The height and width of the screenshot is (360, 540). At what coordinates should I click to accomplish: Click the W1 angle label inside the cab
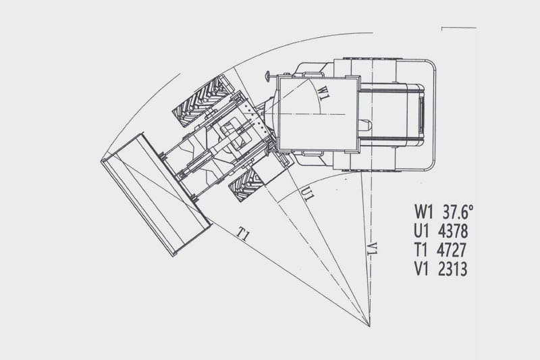click(x=322, y=93)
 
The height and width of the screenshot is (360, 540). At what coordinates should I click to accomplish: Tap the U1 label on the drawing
click(x=307, y=194)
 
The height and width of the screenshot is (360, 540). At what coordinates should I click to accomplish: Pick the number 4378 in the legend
click(x=453, y=231)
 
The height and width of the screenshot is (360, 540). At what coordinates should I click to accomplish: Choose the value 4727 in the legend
click(x=452, y=250)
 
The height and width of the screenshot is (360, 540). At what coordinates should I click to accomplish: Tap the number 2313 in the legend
click(x=452, y=269)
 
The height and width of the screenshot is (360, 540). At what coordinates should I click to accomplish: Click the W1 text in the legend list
click(x=423, y=212)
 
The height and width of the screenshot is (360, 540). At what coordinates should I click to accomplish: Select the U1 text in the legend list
click(x=421, y=231)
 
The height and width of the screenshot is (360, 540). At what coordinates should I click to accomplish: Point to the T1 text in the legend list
click(x=421, y=250)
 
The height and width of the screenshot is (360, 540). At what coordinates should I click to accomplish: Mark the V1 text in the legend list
click(x=421, y=269)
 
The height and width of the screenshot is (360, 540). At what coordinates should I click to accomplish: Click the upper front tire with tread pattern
click(x=203, y=101)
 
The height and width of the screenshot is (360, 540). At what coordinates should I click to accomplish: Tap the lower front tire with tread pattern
click(x=247, y=185)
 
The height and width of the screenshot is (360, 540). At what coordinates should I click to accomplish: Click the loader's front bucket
click(x=156, y=195)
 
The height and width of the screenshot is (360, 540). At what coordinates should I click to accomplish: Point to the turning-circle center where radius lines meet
click(x=369, y=326)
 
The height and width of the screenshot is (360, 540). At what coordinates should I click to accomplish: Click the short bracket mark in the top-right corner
click(x=459, y=28)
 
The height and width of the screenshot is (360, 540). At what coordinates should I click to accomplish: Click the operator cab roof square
click(x=317, y=113)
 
